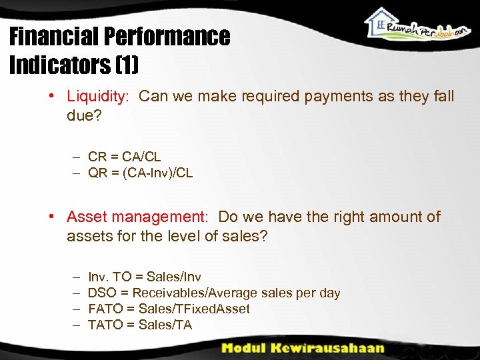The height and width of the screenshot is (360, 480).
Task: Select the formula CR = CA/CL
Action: [124, 158]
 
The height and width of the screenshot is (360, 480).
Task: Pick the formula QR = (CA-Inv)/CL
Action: [140, 173]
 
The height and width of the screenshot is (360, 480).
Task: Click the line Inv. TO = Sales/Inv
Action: [144, 277]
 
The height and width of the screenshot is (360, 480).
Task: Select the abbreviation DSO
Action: [102, 293]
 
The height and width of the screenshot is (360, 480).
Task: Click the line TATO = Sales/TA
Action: [139, 325]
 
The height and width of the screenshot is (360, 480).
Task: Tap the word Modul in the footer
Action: [245, 347]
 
